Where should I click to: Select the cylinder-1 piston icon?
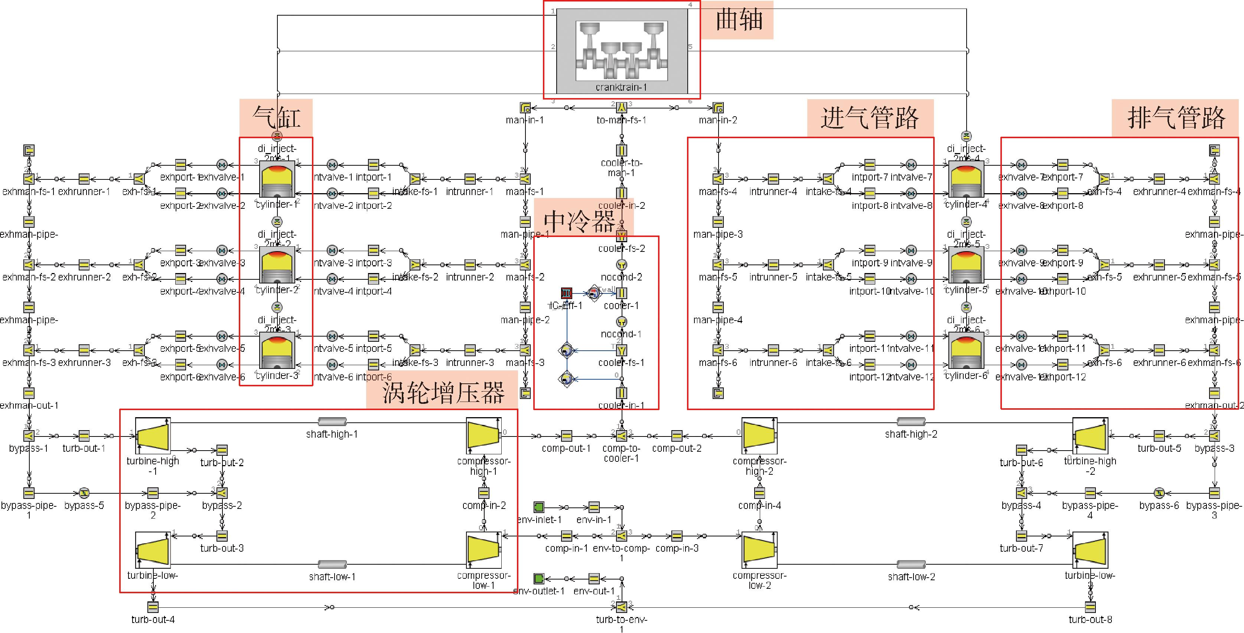coord(277,179)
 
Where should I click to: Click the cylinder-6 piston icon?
coord(966,350)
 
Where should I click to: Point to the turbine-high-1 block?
coord(153,435)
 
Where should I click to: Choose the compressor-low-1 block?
coord(484,549)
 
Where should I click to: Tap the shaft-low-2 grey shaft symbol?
coord(911,564)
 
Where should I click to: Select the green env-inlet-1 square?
coord(538,507)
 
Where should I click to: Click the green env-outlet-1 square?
coord(538,578)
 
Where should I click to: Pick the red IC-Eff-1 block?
coord(566,293)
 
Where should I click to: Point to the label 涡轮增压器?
coord(443,392)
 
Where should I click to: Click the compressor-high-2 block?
coord(759,435)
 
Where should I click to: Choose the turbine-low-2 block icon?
coord(1090,549)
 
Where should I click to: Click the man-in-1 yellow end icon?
coord(525,107)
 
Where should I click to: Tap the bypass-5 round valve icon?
coord(84,493)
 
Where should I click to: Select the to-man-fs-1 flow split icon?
coord(622,107)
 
